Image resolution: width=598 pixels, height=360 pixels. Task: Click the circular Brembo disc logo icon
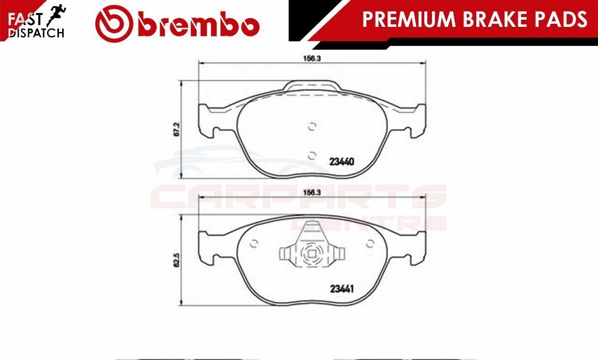click(x=114, y=24)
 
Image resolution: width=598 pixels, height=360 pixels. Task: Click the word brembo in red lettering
click(x=199, y=25)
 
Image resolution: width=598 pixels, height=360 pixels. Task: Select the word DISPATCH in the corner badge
click(x=36, y=33)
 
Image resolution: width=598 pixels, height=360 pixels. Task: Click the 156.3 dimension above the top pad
click(x=311, y=58)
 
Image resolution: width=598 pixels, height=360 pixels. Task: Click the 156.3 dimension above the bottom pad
click(x=311, y=192)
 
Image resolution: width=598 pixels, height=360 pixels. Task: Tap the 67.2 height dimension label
click(x=176, y=130)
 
